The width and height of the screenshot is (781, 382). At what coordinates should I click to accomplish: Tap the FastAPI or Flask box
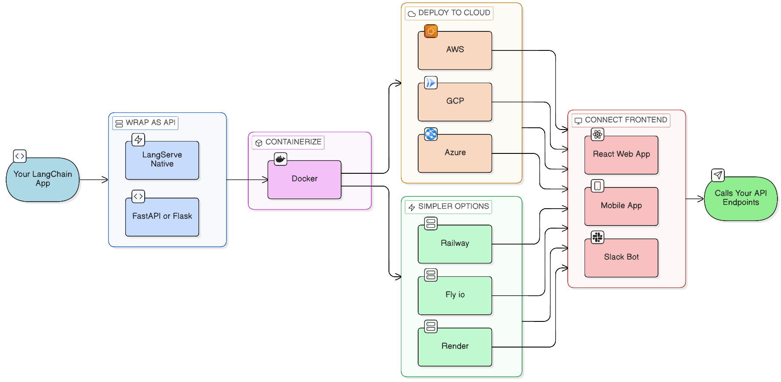click(162, 217)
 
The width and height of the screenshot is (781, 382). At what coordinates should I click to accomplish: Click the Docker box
click(304, 179)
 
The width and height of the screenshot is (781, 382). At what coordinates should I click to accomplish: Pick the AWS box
click(455, 50)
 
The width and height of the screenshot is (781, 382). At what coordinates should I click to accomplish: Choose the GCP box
click(455, 101)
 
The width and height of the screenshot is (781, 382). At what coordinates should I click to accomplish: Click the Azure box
click(455, 153)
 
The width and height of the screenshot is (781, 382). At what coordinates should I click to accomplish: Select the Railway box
click(455, 244)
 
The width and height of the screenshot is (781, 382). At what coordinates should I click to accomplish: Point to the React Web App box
click(621, 155)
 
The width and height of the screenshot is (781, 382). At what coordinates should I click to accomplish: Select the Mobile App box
click(621, 206)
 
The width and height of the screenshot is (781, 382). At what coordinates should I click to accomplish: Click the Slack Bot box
click(621, 257)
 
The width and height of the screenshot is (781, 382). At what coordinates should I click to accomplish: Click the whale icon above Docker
click(281, 159)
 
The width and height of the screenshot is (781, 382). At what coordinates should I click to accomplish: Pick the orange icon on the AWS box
click(431, 31)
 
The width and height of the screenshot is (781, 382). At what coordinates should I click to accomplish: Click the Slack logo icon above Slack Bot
click(597, 237)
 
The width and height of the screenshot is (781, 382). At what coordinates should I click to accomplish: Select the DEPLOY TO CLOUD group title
click(454, 13)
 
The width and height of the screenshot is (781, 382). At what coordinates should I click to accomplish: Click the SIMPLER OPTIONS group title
click(454, 206)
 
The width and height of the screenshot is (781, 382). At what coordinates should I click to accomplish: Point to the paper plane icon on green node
click(718, 175)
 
